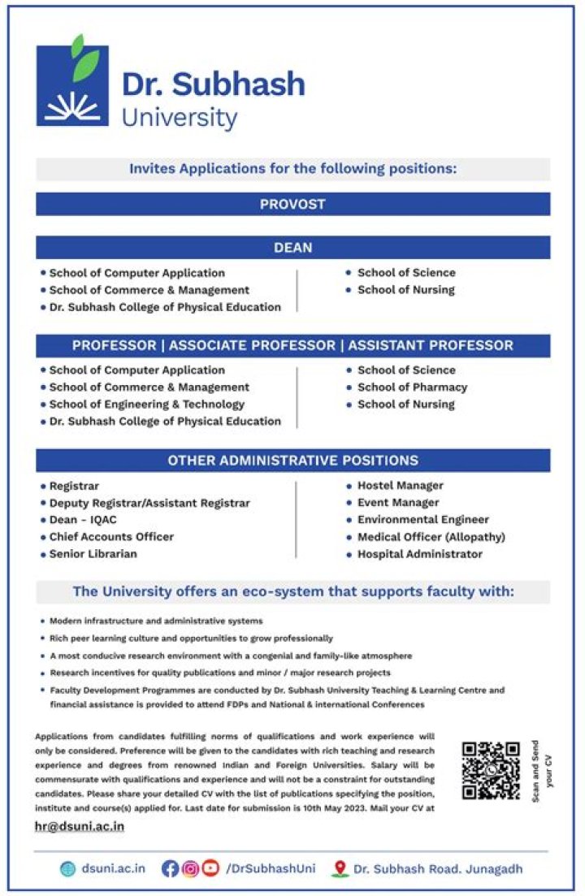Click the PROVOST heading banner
[292, 204]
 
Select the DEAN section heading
[292, 247]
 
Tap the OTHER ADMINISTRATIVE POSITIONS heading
[292, 461]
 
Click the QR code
[491, 770]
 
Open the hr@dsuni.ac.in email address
[80, 826]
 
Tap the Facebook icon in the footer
[170, 868]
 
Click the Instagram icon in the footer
[190, 868]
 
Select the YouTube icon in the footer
[210, 868]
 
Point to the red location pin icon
[340, 868]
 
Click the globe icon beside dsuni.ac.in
[67, 868]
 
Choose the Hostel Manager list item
[400, 486]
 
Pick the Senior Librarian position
[93, 554]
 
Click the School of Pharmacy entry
[412, 387]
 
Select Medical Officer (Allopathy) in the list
[431, 537]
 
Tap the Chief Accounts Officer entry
[111, 537]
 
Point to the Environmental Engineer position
[422, 520]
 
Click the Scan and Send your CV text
[542, 769]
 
